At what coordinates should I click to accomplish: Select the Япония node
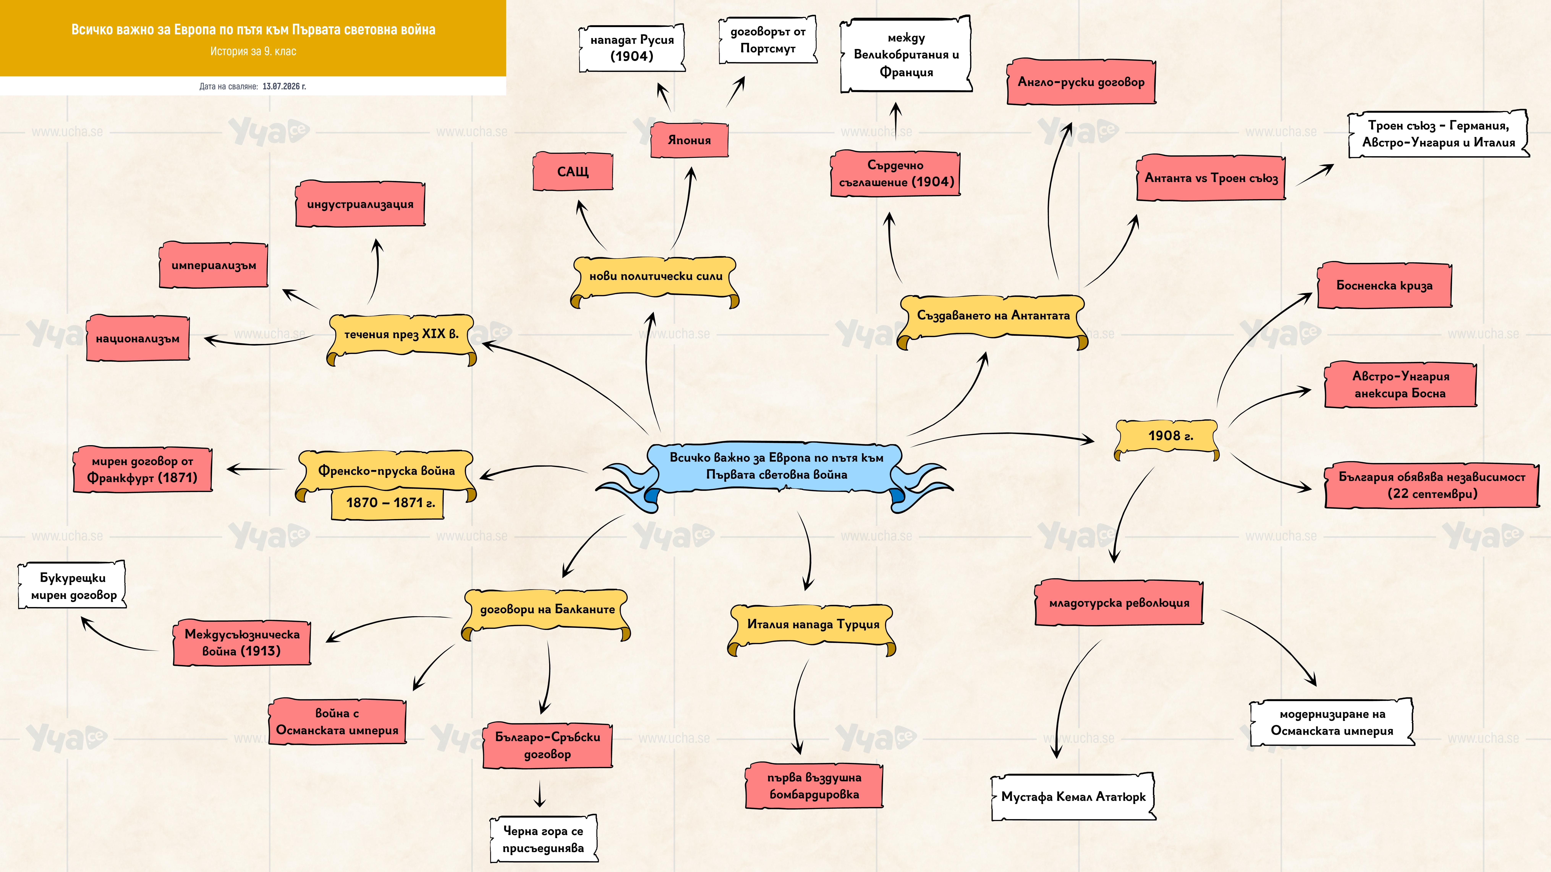(x=689, y=140)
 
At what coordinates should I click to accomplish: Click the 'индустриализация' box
(x=360, y=204)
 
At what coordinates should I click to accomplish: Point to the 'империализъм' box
(x=214, y=265)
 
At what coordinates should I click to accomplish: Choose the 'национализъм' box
(x=138, y=338)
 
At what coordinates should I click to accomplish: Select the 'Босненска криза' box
(x=1384, y=285)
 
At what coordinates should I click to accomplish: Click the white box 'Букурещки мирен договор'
(x=73, y=585)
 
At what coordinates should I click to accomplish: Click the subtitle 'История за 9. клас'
(x=253, y=51)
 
